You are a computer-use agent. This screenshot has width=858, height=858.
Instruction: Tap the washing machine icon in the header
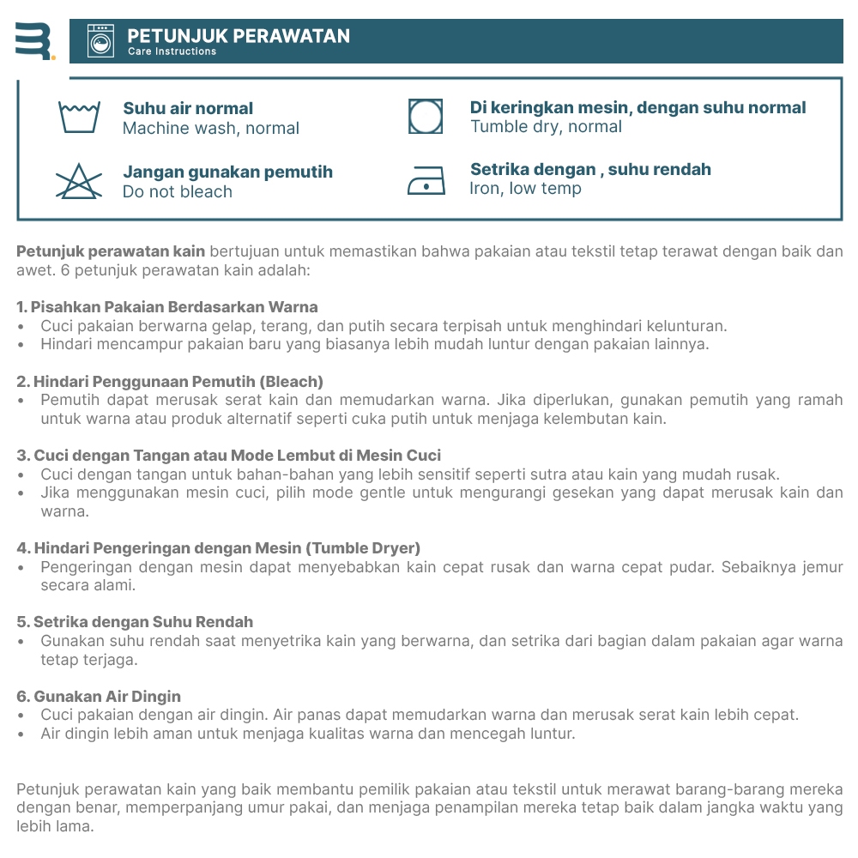100,41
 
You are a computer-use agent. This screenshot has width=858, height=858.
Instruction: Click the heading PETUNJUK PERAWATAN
239,36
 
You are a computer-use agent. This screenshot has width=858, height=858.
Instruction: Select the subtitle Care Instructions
172,51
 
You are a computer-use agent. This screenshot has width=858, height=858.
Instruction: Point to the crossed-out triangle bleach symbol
79,180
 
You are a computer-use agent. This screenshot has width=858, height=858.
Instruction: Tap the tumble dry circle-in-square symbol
426,116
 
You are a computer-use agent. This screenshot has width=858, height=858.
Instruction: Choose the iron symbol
426,178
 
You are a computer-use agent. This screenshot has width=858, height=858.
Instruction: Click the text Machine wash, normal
211,129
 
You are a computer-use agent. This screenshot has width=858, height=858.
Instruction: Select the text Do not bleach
178,192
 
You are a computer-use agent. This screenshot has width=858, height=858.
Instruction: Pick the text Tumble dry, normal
546,127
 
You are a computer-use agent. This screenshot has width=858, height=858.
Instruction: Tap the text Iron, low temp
525,189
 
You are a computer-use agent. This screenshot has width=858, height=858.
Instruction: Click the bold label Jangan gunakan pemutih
227,172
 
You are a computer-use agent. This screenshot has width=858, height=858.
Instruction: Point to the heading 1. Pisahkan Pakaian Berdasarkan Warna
167,306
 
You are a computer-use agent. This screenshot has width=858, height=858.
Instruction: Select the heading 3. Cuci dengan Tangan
228,456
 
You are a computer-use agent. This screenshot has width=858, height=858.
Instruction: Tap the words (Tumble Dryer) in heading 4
365,547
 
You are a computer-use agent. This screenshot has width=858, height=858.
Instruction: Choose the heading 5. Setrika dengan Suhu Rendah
135,622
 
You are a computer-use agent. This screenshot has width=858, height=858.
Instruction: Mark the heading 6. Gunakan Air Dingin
99,696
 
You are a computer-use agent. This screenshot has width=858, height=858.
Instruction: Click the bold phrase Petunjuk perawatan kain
111,251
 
